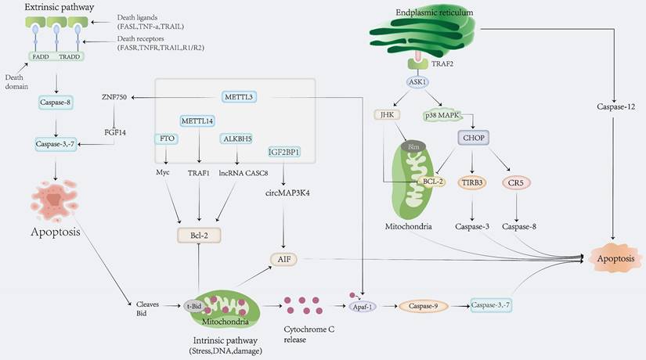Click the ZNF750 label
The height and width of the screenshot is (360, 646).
click(x=116, y=97)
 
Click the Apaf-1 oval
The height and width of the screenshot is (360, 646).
click(x=362, y=308)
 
